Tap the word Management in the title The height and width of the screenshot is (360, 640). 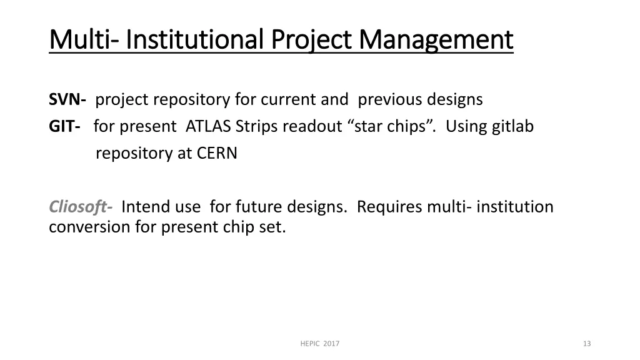coord(436,41)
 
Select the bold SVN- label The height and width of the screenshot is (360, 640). coord(67,99)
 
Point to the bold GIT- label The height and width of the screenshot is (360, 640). coord(64,126)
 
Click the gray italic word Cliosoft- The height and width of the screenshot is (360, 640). coord(81,206)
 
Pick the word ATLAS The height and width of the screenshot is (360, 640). coord(208,126)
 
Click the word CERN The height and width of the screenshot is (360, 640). coord(217,154)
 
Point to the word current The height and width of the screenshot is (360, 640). coord(288,100)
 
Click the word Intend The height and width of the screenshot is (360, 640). coord(146,206)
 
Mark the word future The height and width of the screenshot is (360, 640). coord(259,206)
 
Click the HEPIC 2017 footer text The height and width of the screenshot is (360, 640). coord(320,344)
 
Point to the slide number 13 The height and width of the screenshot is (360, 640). coord(587,344)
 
